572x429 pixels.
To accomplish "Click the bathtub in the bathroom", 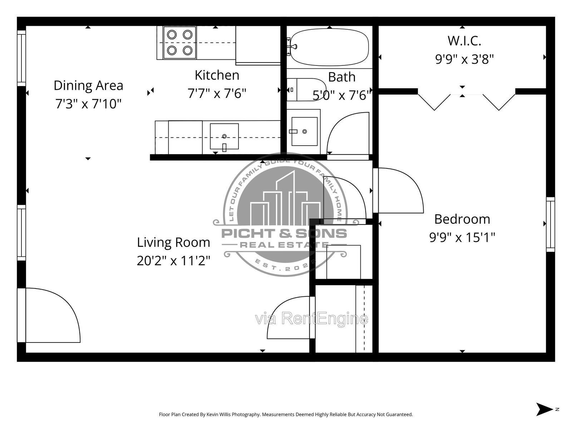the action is pos(329,47).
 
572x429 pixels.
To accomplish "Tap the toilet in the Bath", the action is pos(306,90).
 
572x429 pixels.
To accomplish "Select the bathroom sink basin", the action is pos(304,131).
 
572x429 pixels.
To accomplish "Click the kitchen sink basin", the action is pos(224,136).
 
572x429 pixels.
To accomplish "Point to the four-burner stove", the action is pos(179,43).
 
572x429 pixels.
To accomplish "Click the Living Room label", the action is pos(173,242).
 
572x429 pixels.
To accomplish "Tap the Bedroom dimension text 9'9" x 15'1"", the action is pos(462,237).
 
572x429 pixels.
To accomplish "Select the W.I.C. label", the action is pos(464,41).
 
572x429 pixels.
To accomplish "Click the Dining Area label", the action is pos(88,85).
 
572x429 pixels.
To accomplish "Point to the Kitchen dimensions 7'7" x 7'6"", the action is pos(217,93).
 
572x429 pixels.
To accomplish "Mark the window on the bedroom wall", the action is pos(550,225).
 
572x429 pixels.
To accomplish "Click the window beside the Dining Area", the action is pos(21,58).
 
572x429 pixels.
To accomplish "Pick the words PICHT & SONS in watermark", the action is pos(284,233).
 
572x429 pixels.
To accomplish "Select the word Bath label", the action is pos(342,77).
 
